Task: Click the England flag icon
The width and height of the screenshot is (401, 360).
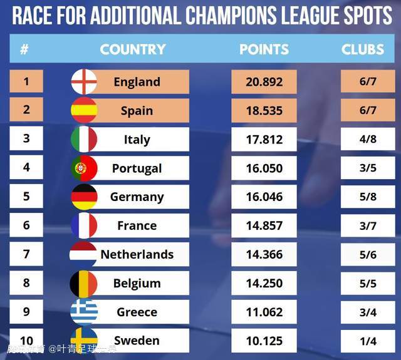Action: click(x=84, y=81)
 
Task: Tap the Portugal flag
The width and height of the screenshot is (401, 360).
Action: click(x=84, y=168)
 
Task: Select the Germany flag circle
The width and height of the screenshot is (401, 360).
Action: click(x=84, y=197)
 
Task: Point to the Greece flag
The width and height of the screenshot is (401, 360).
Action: click(x=84, y=312)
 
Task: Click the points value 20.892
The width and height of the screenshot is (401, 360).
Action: click(x=264, y=82)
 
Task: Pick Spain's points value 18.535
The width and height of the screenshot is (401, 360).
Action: click(x=264, y=111)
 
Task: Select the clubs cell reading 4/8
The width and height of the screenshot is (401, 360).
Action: click(x=368, y=139)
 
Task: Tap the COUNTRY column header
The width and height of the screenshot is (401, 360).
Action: click(x=133, y=49)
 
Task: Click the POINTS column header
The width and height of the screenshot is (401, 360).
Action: click(x=264, y=49)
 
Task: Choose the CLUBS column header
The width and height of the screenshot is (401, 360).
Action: click(x=363, y=49)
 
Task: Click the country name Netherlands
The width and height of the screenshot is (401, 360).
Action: click(x=137, y=254)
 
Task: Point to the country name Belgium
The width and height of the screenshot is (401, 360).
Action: click(x=137, y=283)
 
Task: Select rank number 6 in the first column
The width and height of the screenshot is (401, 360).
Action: click(x=26, y=225)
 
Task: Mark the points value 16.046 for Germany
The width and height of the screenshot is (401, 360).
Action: click(x=264, y=197)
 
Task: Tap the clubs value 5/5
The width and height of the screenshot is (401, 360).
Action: click(x=368, y=283)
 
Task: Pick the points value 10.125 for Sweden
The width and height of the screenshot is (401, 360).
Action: click(x=264, y=341)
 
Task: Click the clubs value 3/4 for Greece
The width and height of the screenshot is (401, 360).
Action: click(x=368, y=312)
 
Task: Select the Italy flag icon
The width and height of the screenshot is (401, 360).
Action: click(x=84, y=139)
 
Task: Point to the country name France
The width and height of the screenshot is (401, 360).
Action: click(x=137, y=225)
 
